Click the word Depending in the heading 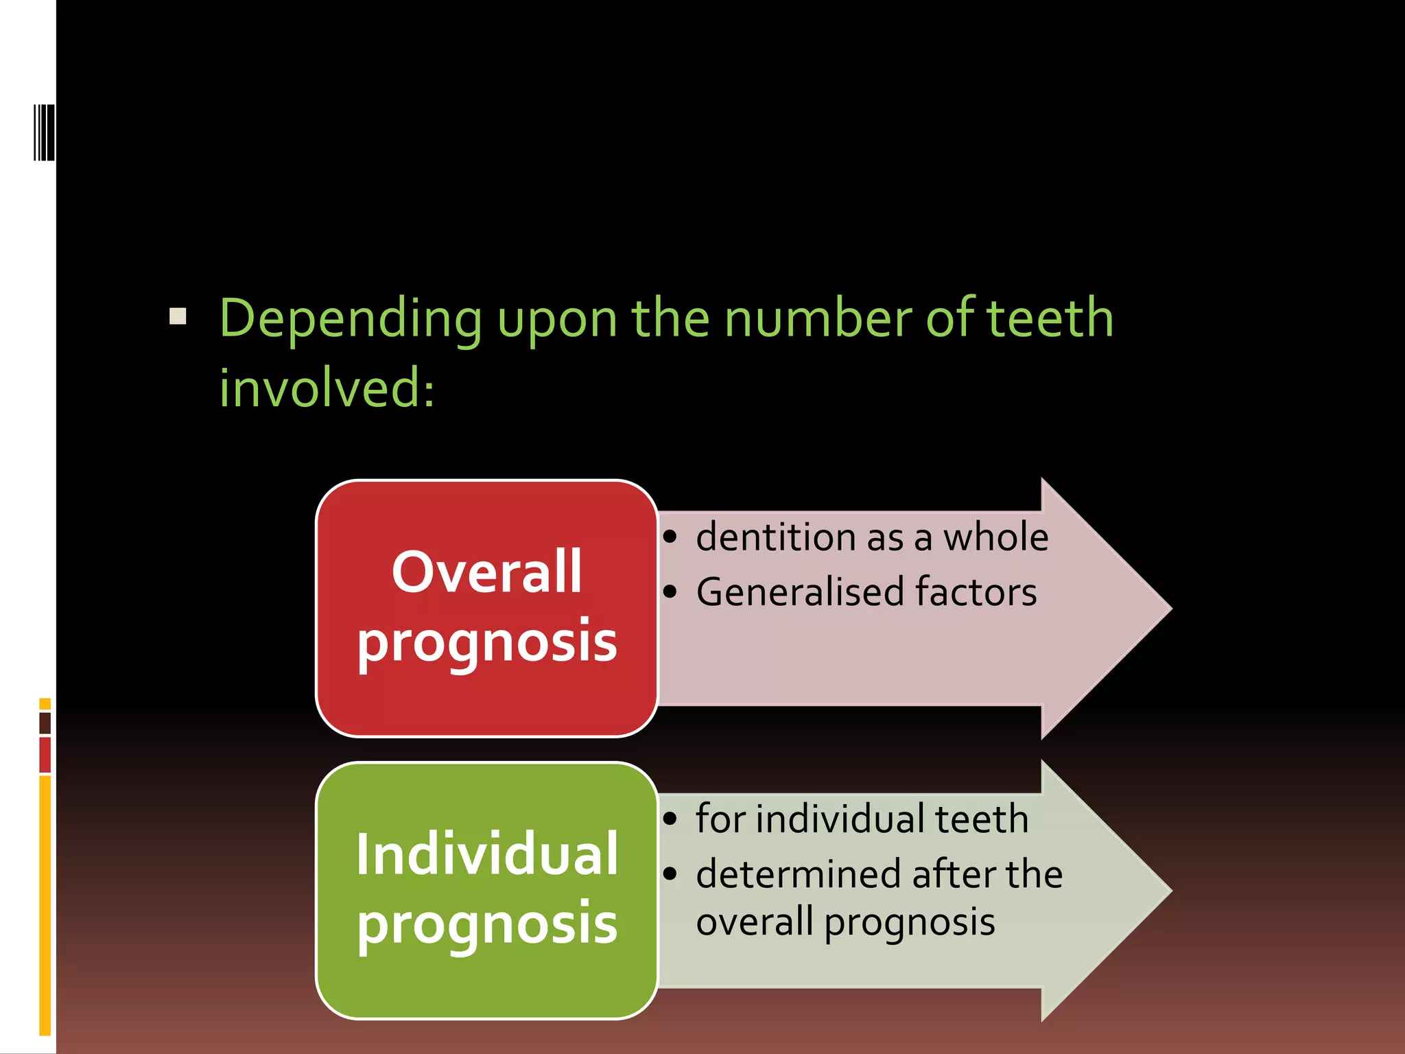pos(351,320)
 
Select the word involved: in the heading pos(327,388)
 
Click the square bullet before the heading pos(178,316)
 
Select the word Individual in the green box pos(486,854)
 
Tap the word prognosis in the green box pos(486,924)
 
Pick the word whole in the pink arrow pos(995,537)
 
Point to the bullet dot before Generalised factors pos(670,592)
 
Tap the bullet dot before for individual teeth pos(670,819)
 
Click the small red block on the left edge pos(45,755)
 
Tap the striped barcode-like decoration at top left pos(44,132)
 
